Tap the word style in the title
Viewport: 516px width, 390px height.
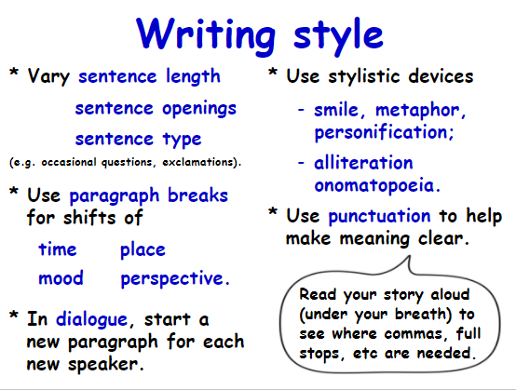click(338, 35)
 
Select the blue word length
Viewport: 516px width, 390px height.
click(193, 76)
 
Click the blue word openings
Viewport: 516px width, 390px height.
click(199, 109)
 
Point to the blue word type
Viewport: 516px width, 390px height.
click(182, 139)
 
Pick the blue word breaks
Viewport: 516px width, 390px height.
click(197, 195)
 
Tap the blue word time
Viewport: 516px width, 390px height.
click(58, 249)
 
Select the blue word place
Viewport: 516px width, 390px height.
click(143, 249)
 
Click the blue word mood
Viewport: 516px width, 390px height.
click(61, 278)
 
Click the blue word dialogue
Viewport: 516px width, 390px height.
click(91, 319)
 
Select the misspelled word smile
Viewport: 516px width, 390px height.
click(336, 110)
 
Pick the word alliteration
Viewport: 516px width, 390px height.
click(363, 163)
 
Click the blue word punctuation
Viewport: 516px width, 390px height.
click(379, 217)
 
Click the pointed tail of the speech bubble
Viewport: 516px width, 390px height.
click(409, 257)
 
